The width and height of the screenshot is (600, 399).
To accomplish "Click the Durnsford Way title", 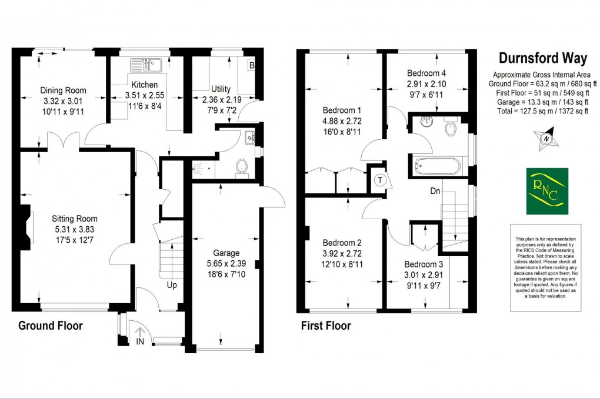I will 542,58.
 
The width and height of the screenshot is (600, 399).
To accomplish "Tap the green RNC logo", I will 546,191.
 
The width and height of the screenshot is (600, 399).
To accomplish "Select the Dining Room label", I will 63,90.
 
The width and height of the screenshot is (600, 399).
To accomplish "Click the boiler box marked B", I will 252,66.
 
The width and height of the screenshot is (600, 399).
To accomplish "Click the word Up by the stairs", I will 172,286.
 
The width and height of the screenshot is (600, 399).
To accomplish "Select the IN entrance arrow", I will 139,335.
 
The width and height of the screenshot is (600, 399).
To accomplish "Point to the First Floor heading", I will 325,326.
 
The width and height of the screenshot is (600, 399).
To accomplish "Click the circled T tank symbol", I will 381,180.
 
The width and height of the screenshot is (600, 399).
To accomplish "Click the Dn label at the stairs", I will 435,191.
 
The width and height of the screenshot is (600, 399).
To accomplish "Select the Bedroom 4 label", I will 426,73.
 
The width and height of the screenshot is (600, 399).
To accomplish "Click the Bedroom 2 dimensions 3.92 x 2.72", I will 342,254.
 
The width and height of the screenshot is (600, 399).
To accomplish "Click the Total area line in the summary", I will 542,110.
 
